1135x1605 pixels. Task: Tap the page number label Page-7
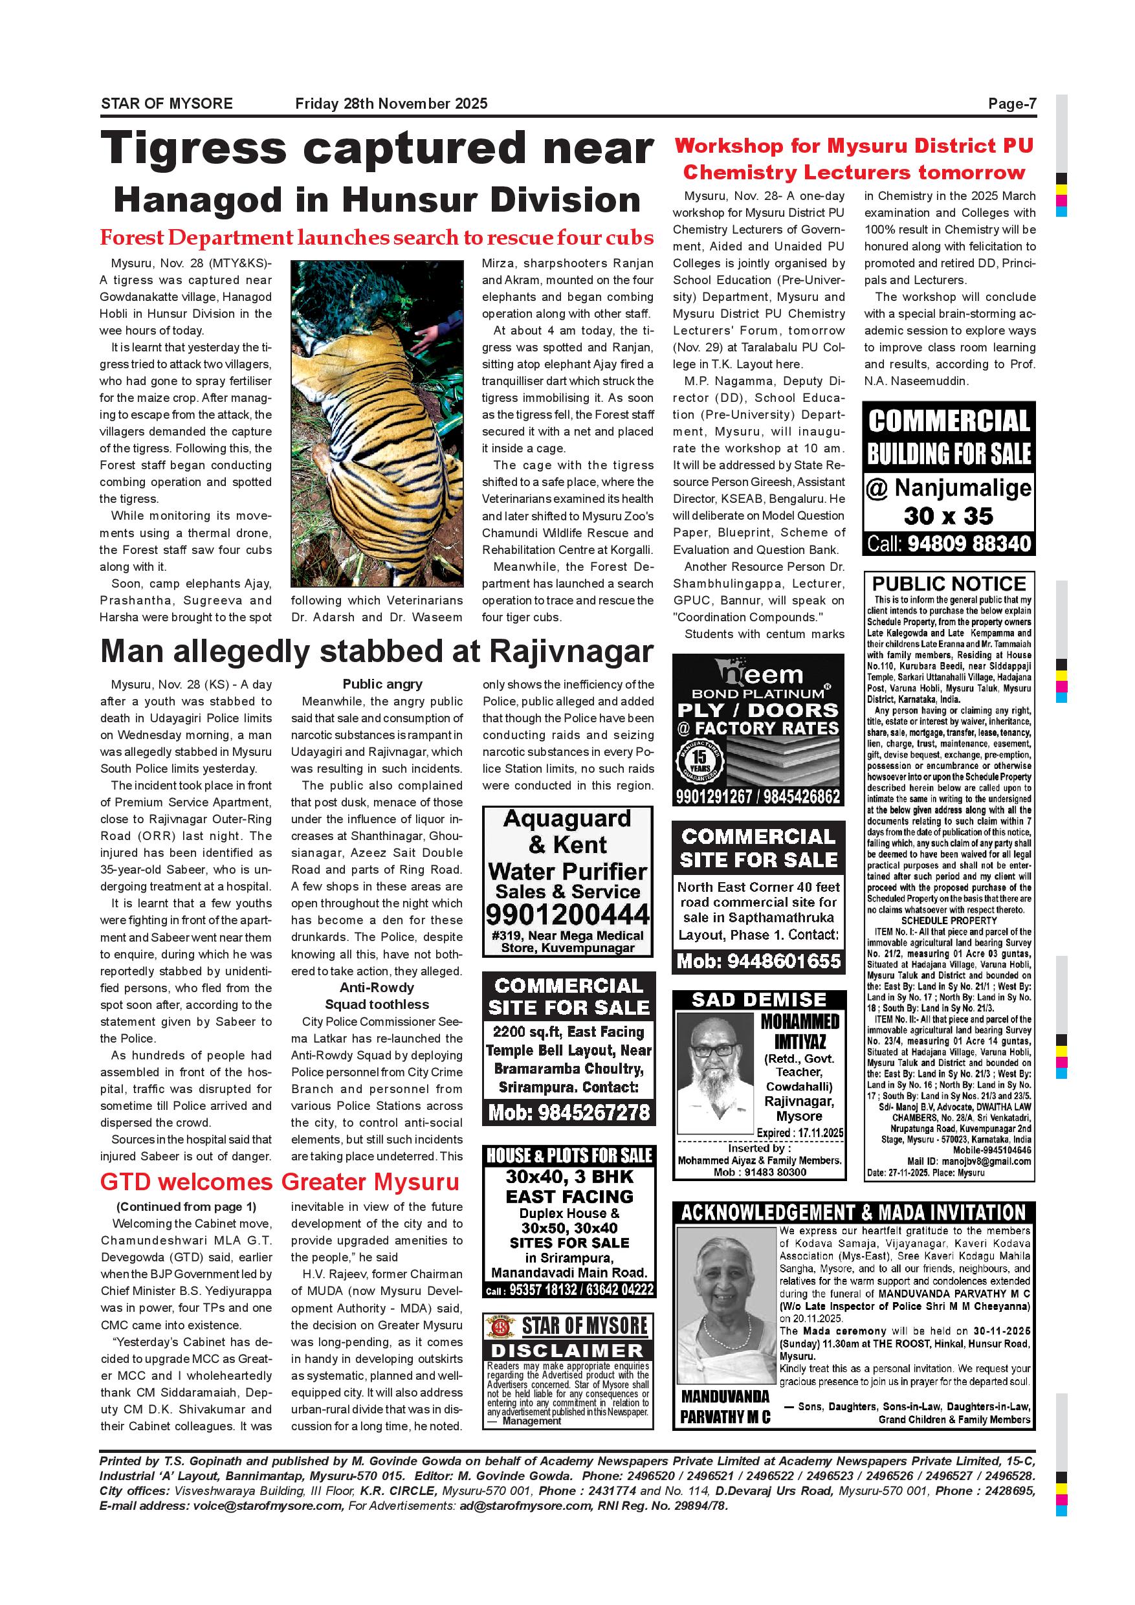point(1011,104)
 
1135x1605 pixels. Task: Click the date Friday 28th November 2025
point(391,104)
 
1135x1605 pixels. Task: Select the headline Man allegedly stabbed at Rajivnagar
point(377,652)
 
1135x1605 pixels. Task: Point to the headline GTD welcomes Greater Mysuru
point(280,1182)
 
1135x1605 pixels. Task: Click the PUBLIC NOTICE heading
point(949,584)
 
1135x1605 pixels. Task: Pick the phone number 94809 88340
point(969,544)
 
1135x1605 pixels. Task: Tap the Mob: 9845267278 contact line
point(568,1112)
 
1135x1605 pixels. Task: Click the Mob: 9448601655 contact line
point(758,962)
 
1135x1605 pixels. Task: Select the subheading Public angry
point(382,684)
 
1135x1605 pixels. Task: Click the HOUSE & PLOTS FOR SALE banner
point(568,1155)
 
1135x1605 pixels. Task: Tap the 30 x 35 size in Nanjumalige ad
point(948,516)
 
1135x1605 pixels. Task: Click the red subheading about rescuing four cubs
point(377,238)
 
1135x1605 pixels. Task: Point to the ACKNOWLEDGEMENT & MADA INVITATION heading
point(854,1212)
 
